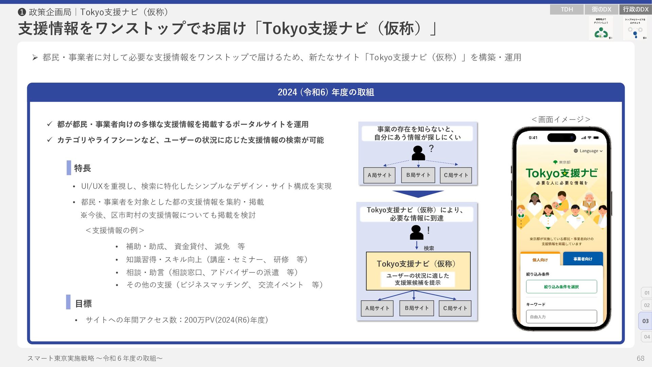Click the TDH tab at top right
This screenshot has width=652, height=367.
click(x=566, y=10)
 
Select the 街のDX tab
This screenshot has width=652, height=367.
click(x=601, y=10)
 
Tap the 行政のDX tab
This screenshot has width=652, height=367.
click(x=635, y=10)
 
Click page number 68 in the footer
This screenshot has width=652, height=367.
click(x=640, y=358)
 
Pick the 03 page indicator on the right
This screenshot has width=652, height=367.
click(x=645, y=321)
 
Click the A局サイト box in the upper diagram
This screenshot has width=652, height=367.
click(x=379, y=175)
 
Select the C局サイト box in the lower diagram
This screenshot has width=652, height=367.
click(x=455, y=308)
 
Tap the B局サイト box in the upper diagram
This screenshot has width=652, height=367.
click(x=418, y=175)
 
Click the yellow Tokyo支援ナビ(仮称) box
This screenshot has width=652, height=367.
click(x=418, y=271)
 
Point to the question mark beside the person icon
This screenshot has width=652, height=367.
click(x=431, y=148)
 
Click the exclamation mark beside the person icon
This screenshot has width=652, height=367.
click(x=429, y=230)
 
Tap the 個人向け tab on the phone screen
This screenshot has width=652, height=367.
click(x=540, y=260)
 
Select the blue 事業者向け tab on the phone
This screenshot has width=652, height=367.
click(x=583, y=259)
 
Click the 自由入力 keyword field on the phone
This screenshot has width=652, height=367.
click(x=561, y=317)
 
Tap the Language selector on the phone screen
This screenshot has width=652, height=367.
click(x=588, y=151)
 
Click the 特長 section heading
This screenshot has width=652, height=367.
click(x=83, y=168)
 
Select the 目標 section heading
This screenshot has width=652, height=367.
click(x=83, y=303)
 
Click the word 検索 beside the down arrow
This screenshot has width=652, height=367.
click(x=429, y=248)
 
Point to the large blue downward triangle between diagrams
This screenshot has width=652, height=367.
click(x=418, y=194)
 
